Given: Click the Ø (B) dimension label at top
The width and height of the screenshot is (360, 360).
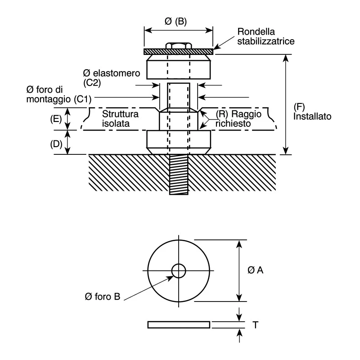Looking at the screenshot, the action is click(x=175, y=21).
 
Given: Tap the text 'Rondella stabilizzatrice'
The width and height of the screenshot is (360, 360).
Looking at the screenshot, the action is click(x=266, y=36).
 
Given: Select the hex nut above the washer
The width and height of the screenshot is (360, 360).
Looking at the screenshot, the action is click(x=179, y=45).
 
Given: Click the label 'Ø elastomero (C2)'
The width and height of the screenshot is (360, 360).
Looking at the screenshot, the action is click(x=112, y=78).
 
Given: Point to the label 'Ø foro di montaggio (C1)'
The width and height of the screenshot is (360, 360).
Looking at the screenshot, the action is click(x=59, y=94).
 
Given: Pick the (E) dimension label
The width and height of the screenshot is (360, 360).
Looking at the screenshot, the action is click(x=56, y=119).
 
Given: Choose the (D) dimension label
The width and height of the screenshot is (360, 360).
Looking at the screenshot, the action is click(x=56, y=144).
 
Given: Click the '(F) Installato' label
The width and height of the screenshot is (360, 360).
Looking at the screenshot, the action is click(x=312, y=112).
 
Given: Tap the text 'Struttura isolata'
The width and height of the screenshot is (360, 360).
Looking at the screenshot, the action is click(x=120, y=119).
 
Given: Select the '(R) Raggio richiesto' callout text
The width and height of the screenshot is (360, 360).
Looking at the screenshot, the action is click(x=238, y=119).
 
